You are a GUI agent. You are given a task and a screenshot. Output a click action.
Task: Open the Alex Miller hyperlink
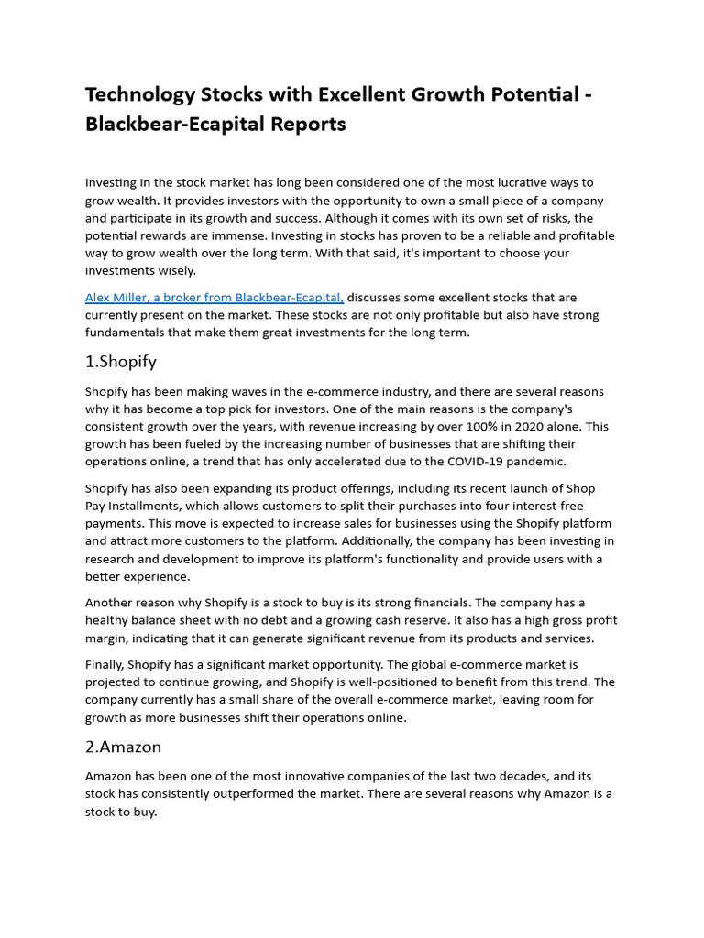tap(214, 298)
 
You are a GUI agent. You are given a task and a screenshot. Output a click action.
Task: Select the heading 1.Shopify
tap(120, 362)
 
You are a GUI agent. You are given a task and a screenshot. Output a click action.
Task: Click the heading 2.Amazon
tap(123, 747)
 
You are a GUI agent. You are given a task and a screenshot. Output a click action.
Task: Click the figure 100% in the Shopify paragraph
tap(480, 427)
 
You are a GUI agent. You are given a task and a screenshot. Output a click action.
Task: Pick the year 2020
tap(526, 427)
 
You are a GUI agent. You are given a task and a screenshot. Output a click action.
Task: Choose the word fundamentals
tap(132, 333)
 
